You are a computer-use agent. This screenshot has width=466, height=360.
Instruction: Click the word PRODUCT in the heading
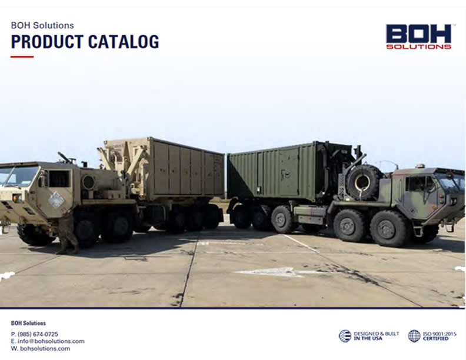47,42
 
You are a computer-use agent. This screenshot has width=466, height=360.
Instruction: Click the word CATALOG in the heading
124,42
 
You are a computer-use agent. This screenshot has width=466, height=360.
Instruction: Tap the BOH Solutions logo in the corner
419,36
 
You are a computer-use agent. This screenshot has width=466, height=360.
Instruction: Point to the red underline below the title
22,56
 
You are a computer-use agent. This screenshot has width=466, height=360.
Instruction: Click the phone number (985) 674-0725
38,334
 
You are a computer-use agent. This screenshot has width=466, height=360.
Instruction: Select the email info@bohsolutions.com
51,341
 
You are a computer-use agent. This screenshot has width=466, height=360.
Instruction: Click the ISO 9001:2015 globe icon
414,336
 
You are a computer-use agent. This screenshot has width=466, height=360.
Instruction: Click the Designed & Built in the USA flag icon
345,336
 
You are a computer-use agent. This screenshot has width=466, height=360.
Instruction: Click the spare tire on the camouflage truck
363,182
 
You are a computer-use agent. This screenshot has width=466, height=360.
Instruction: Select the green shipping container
285,171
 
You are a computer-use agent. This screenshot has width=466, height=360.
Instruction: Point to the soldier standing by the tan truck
68,231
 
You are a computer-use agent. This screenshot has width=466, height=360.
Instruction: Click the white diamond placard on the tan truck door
56,200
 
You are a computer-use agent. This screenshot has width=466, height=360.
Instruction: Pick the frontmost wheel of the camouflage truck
387,229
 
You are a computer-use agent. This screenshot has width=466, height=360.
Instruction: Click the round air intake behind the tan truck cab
89,182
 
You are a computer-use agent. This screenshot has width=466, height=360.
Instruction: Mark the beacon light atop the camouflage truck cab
420,166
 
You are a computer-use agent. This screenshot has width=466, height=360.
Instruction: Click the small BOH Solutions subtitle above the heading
42,25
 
